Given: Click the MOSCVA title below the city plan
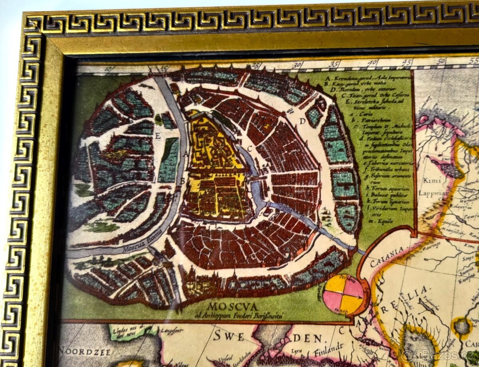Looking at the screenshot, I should (227, 308).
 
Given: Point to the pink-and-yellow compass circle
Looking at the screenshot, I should (343, 294).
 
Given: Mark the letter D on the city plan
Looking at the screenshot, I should (303, 121).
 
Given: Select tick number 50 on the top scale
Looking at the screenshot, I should (441, 61).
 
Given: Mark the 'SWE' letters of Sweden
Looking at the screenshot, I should (229, 336).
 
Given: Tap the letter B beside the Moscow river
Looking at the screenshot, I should (182, 180).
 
